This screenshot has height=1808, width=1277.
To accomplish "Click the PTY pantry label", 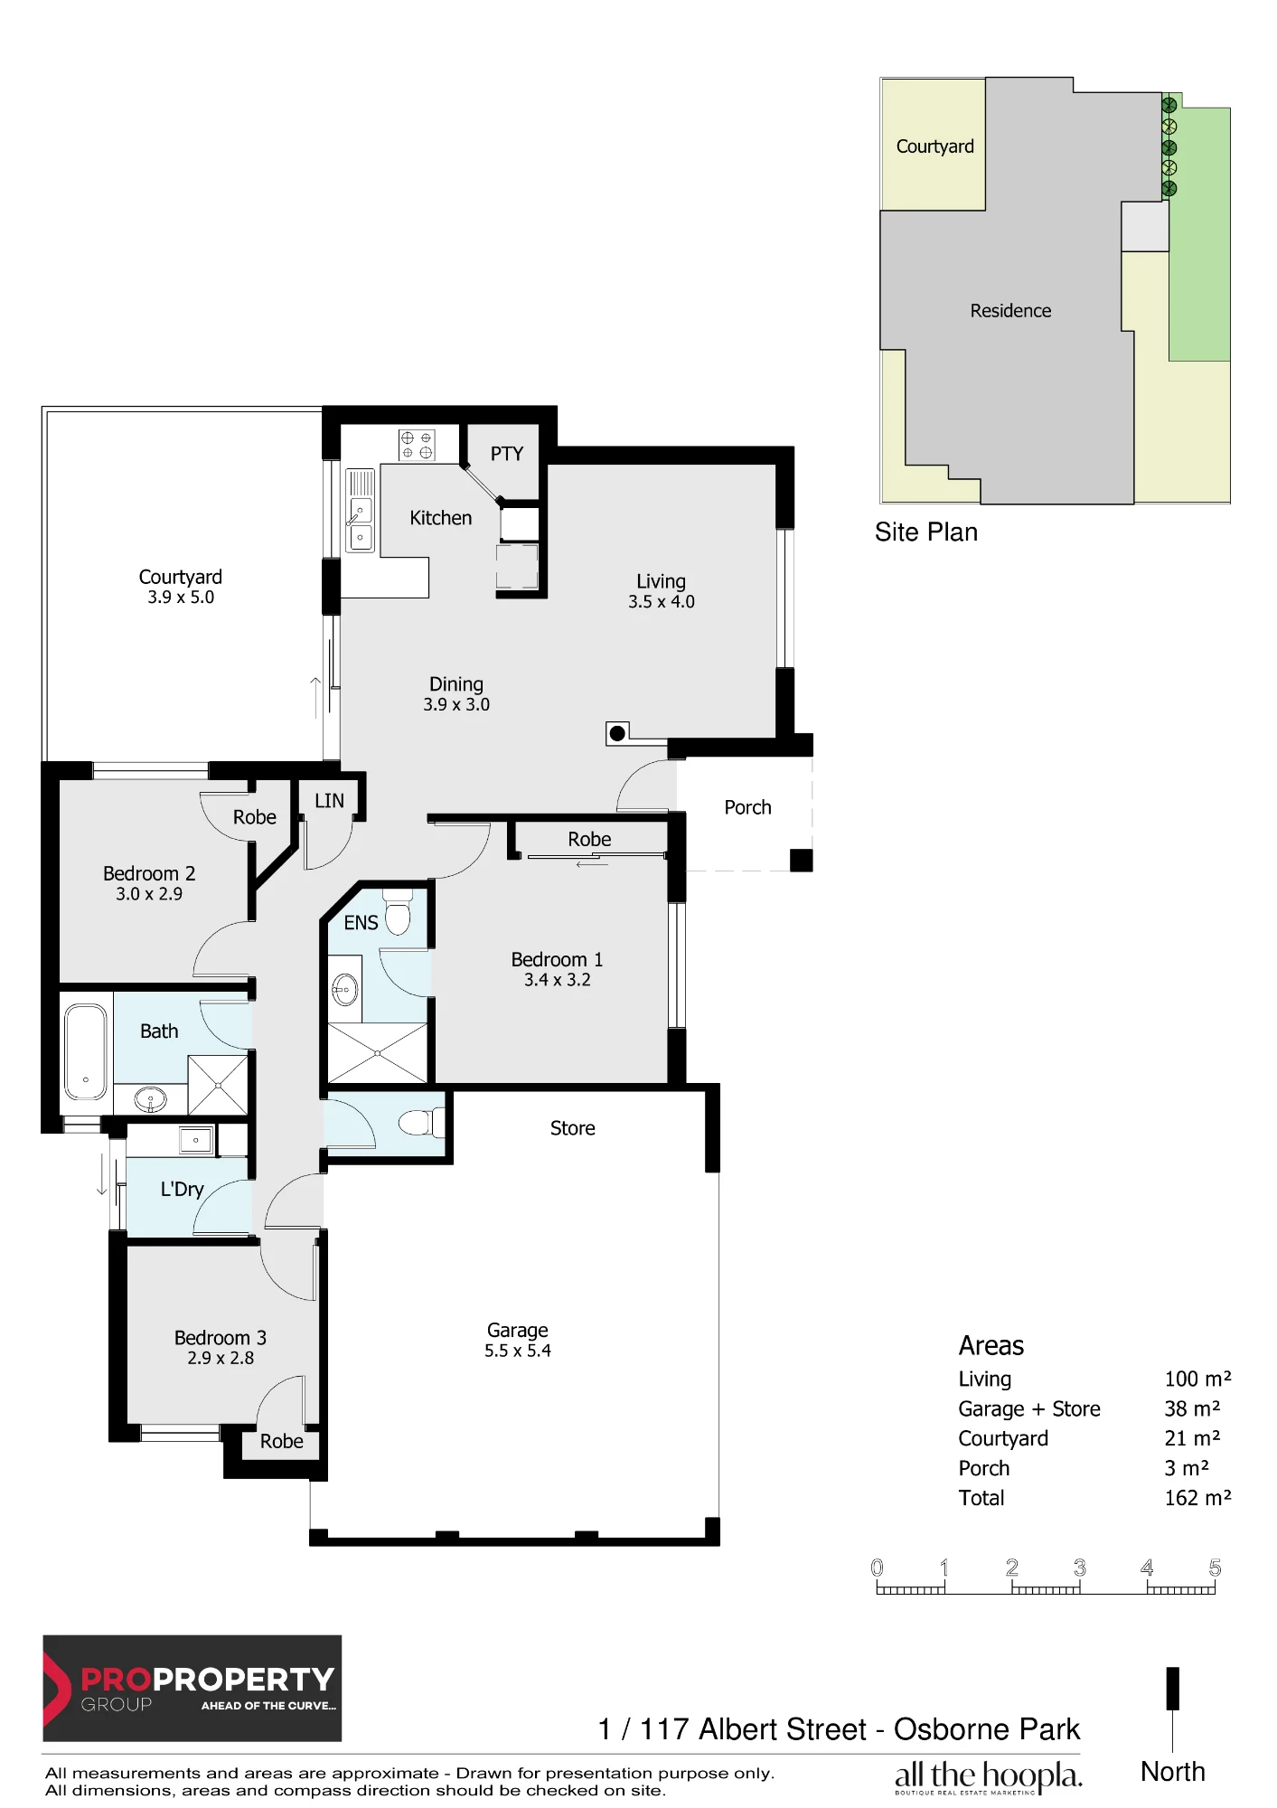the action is pos(507,454).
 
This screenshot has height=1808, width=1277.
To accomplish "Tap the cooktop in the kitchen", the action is pos(417,445).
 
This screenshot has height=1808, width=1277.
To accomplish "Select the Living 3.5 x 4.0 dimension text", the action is pos(662,602).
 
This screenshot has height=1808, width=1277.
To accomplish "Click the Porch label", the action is pos(747,807).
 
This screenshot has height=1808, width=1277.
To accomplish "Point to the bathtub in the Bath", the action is pos(86,1052).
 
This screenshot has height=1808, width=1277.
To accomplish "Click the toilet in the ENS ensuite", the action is pos(398,912).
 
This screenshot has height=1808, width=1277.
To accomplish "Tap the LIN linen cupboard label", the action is pos(329,801).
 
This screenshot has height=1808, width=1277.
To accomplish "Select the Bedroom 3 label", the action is pos(221,1338).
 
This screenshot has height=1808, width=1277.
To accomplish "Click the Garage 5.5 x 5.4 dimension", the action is pos(518,1351).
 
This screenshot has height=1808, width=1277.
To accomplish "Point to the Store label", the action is pos(573,1128).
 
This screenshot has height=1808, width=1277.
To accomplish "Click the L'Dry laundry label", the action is pos(182,1190).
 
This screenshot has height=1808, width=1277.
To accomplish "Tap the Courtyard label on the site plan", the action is pos(935,146).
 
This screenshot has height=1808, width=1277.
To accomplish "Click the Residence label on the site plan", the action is pos(1010,311).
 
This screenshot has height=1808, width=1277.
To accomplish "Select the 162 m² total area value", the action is pos(1197,1498).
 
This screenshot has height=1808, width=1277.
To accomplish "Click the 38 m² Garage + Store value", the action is pos(1192,1408).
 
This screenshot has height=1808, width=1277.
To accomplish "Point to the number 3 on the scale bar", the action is pos(1079,1568).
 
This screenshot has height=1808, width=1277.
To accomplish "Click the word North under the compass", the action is pos(1173,1772).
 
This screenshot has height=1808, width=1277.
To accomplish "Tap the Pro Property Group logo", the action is pos(192,1688).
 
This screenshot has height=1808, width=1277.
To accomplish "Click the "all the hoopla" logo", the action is pos(988,1777).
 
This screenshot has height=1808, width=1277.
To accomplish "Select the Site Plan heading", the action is pos(926,532).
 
